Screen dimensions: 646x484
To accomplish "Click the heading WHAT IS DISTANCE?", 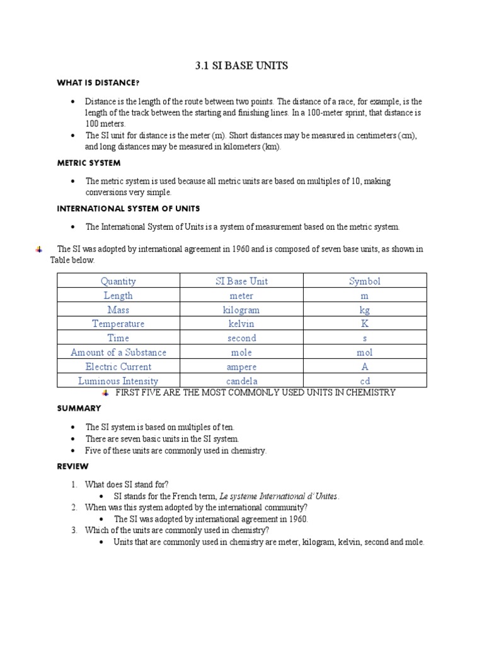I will click(x=98, y=83).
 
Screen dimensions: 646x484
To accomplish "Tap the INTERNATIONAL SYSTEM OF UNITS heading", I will click(x=129, y=208).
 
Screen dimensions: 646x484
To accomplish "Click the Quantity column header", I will click(x=118, y=281).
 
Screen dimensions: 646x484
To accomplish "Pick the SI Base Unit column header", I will click(x=241, y=281).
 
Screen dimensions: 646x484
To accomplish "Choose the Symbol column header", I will click(x=365, y=281).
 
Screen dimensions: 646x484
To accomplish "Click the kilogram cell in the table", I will click(x=241, y=310).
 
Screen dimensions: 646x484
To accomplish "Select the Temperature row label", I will click(x=118, y=324).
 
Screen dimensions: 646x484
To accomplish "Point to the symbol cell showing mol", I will click(x=365, y=353).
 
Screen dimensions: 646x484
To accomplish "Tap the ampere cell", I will click(x=241, y=367).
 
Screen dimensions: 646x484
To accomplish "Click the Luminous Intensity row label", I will click(x=118, y=381).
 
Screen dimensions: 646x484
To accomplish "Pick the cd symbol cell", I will click(x=365, y=381).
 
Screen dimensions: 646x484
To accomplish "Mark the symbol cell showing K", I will click(x=365, y=324).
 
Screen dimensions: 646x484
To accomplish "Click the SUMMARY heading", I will click(x=79, y=409).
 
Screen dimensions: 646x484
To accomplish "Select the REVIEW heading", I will click(x=73, y=467).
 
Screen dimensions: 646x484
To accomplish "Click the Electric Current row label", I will click(x=118, y=367).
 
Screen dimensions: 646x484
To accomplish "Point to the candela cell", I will click(x=241, y=381).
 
